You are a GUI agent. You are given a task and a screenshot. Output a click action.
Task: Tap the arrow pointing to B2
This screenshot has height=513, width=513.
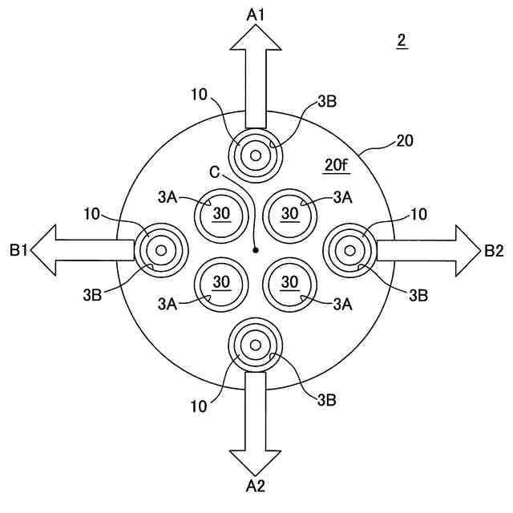click(425, 250)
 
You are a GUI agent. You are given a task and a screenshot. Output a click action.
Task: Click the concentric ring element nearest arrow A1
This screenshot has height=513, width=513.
click(256, 155)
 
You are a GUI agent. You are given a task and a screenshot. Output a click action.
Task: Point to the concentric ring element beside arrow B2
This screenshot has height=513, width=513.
click(350, 250)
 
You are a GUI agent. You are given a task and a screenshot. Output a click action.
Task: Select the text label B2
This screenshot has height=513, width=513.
click(494, 251)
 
